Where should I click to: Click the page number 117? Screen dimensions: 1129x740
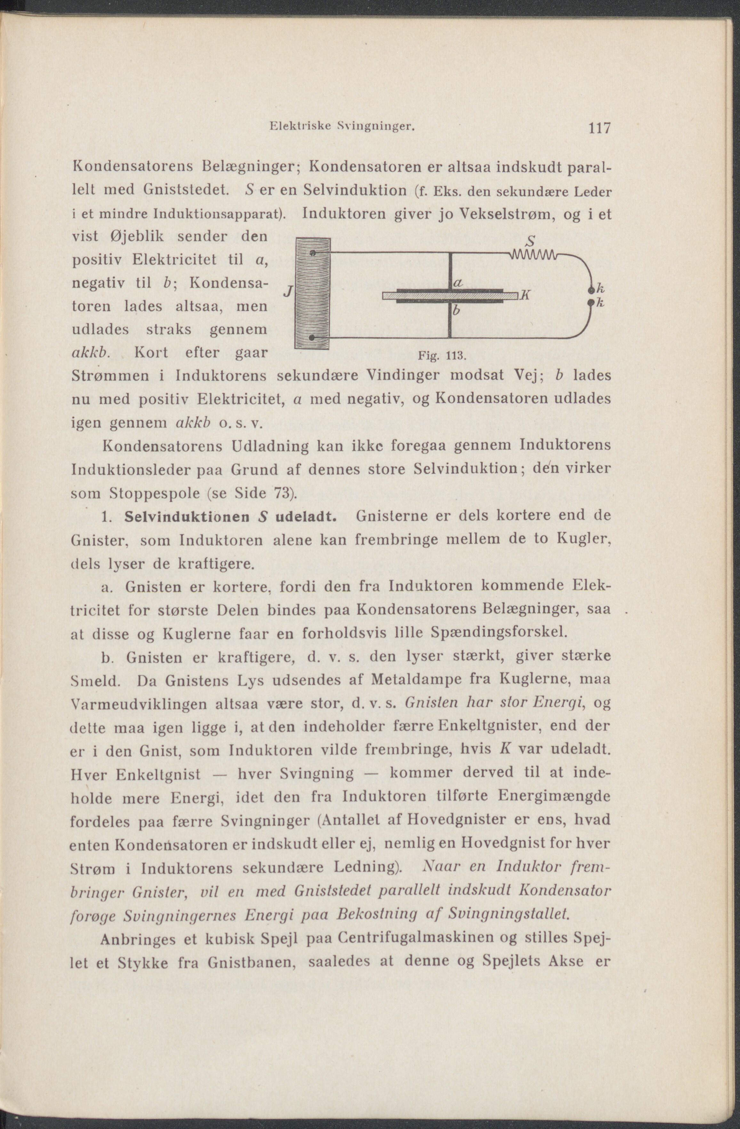(599, 129)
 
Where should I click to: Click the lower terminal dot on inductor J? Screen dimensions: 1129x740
(312, 337)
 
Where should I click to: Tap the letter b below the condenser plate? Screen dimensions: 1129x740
(456, 311)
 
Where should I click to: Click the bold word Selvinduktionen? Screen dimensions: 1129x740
(186, 517)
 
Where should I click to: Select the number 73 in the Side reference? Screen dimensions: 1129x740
(283, 493)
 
